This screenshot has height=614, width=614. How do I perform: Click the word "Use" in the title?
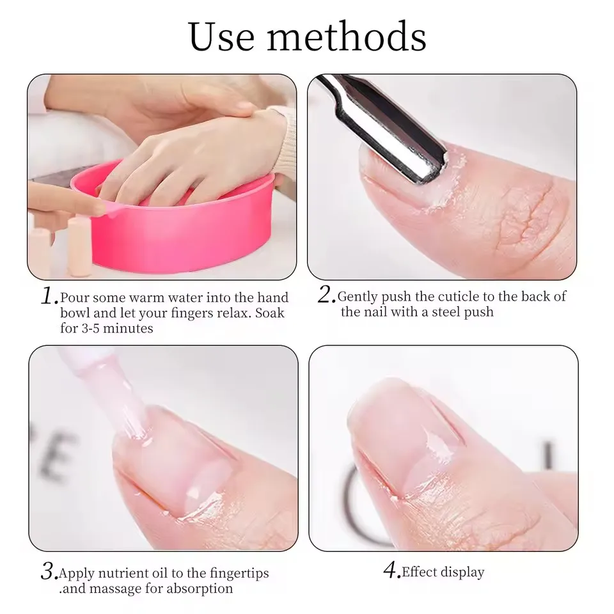coord(221,37)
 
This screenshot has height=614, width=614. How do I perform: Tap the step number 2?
coord(327,295)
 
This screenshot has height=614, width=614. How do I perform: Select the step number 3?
coord(49,571)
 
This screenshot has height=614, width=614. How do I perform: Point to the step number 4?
coord(391,569)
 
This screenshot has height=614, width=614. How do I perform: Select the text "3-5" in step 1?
coord(94,329)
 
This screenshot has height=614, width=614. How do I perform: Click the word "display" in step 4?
coord(464,572)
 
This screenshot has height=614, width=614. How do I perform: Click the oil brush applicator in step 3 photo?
coord(115,390)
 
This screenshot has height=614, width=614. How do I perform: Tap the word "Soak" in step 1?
coord(269,313)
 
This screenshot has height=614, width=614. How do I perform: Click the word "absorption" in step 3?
coord(199,588)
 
